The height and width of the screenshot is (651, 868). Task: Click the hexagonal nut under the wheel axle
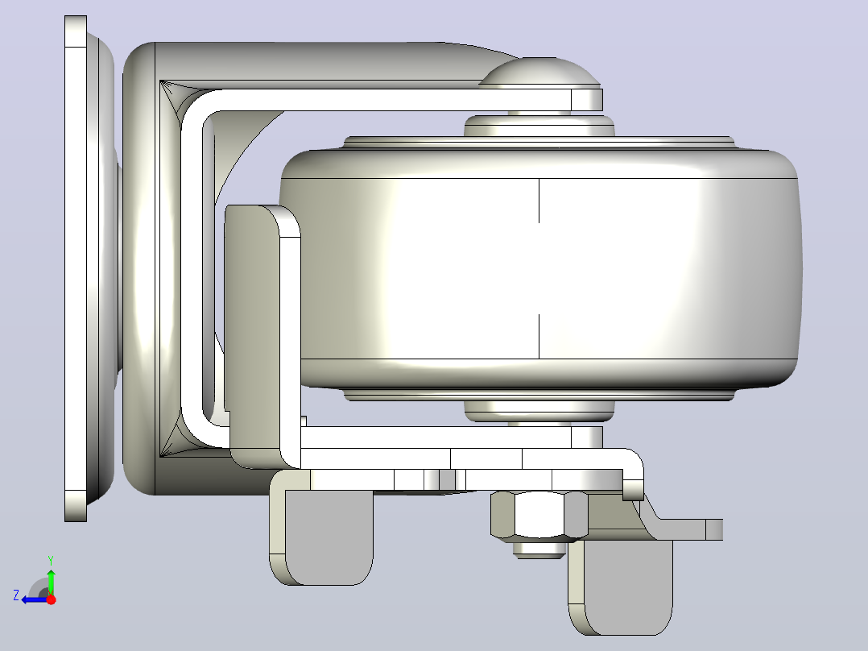click(x=538, y=515)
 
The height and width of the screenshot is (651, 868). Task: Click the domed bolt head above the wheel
click(x=539, y=72)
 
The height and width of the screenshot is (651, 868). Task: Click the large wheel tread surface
click(x=539, y=269)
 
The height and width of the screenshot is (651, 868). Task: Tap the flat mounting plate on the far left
click(x=76, y=269)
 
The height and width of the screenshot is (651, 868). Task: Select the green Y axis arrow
click(x=51, y=579)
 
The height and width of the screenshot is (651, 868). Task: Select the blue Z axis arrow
click(x=35, y=599)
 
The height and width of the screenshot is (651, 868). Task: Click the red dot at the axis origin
click(x=51, y=599)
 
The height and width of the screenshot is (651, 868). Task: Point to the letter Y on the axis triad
click(x=51, y=560)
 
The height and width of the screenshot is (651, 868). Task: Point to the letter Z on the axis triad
click(x=16, y=595)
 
